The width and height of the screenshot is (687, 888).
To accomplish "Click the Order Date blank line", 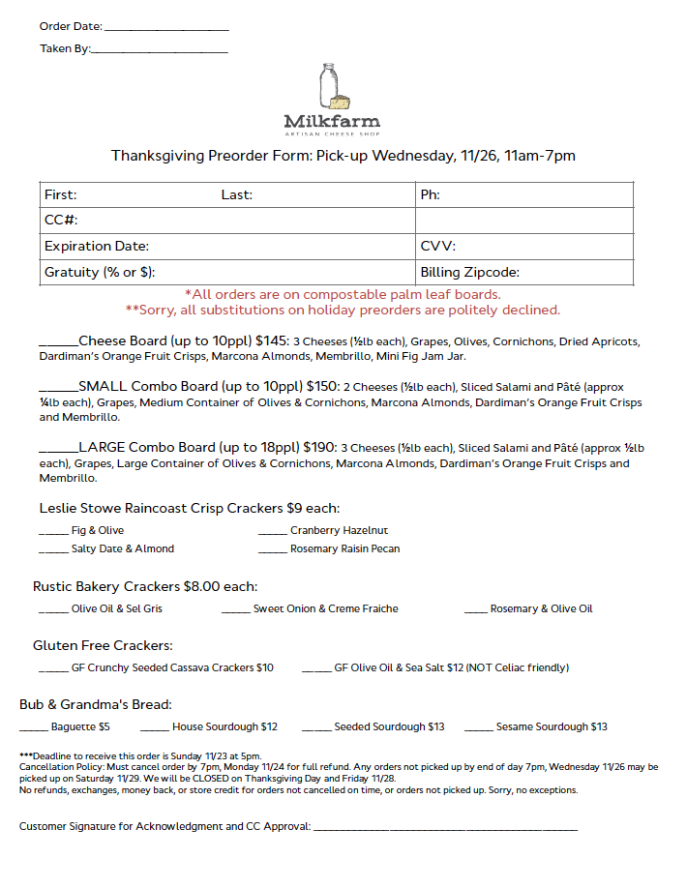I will pyautogui.click(x=165, y=29).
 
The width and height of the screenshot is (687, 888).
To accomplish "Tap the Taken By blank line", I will pyautogui.click(x=159, y=49).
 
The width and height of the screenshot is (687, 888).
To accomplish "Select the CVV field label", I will pyautogui.click(x=437, y=247).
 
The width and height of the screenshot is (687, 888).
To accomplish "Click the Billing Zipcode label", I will pyautogui.click(x=469, y=273).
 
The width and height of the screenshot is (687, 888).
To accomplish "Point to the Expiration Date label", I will pyautogui.click(x=97, y=247).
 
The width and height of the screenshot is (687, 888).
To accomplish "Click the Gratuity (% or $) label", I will pyautogui.click(x=100, y=273).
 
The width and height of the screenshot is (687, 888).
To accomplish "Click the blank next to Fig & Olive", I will pyautogui.click(x=53, y=533).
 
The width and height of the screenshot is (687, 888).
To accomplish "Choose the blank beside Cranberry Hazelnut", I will pyautogui.click(x=272, y=533).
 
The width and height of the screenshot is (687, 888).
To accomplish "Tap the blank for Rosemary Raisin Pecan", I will pyautogui.click(x=272, y=551).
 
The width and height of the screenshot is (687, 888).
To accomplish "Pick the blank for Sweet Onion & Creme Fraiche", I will pyautogui.click(x=235, y=611).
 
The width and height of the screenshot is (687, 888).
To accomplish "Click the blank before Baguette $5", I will pyautogui.click(x=33, y=729).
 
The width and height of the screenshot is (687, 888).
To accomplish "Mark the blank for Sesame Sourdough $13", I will pyautogui.click(x=478, y=729).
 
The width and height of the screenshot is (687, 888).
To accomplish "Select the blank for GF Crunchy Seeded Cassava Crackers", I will pyautogui.click(x=53, y=670).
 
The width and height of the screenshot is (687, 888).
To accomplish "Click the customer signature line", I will pyautogui.click(x=445, y=829).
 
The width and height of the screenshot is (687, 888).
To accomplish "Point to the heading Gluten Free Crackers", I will pyautogui.click(x=103, y=645).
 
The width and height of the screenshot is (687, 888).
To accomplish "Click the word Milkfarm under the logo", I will pyautogui.click(x=332, y=122).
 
